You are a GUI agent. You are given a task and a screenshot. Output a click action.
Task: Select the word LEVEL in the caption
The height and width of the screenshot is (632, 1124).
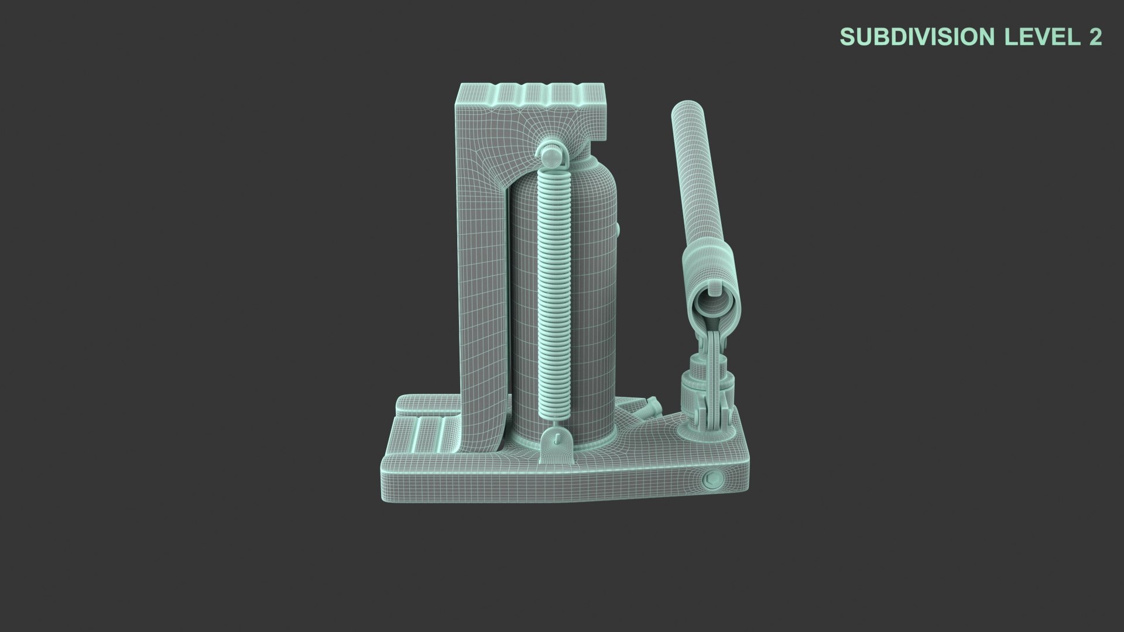(x=1039, y=37)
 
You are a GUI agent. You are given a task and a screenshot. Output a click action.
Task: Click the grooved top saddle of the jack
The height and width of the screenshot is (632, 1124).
(x=533, y=94)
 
